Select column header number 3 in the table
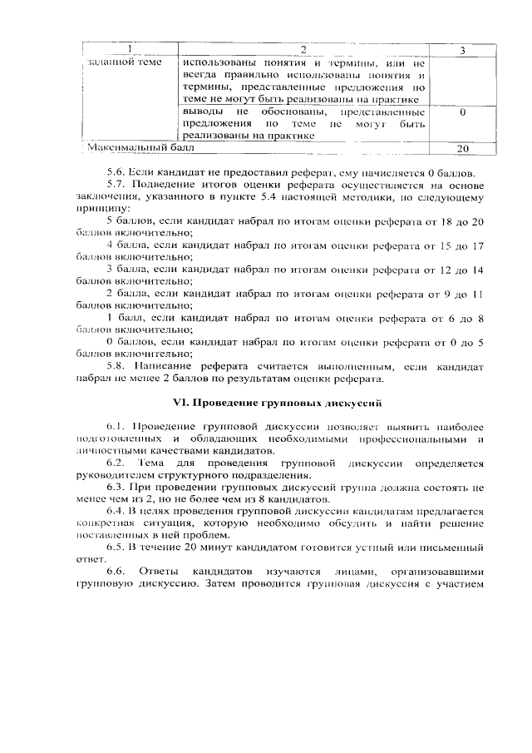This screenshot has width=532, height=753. click(x=461, y=51)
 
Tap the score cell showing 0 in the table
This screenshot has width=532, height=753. click(x=461, y=111)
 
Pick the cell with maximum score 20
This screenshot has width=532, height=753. click(x=461, y=148)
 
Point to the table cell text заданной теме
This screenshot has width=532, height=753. click(x=122, y=62)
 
